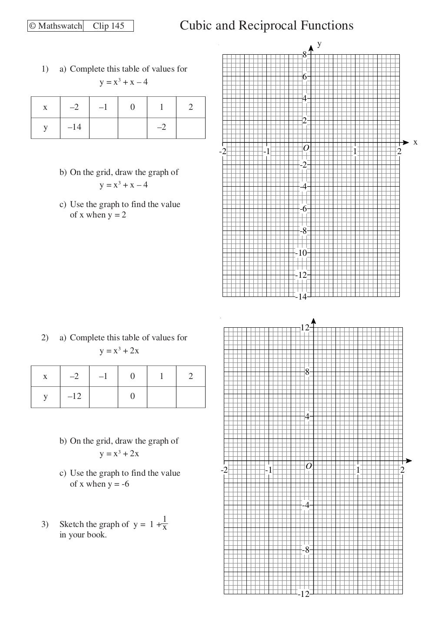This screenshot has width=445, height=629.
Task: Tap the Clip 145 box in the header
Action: pyautogui.click(x=108, y=26)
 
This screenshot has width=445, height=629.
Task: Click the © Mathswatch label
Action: pyautogui.click(x=56, y=26)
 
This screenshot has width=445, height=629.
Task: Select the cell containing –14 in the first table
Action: pyautogui.click(x=74, y=128)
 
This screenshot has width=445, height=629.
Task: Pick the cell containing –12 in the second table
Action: pyautogui.click(x=74, y=396)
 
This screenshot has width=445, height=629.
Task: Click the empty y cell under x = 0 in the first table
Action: pyautogui.click(x=133, y=128)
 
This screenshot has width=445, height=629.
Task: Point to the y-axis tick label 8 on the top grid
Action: pyautogui.click(x=305, y=55)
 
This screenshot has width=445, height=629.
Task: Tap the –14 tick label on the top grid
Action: pyautogui.click(x=302, y=297)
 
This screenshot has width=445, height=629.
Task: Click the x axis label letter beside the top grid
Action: pyautogui.click(x=415, y=142)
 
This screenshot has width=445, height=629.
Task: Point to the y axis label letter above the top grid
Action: pyautogui.click(x=319, y=44)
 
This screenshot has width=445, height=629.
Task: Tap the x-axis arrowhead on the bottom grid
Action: pyautogui.click(x=408, y=461)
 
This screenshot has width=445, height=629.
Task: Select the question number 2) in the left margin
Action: pyautogui.click(x=45, y=338)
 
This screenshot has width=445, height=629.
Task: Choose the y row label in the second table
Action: pyautogui.click(x=45, y=396)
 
